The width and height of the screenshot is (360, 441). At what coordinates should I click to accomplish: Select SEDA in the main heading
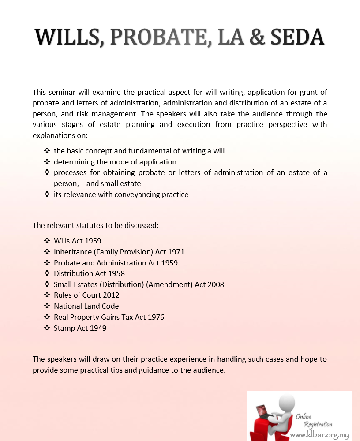[297, 37]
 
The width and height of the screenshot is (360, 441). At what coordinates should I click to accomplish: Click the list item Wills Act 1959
[77, 241]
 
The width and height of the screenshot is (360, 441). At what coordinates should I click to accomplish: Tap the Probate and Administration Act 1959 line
[116, 263]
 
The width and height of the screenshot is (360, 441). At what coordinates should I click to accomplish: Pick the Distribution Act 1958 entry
[89, 273]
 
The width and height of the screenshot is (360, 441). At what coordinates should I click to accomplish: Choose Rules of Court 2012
[86, 295]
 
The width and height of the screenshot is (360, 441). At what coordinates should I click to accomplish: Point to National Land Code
[86, 306]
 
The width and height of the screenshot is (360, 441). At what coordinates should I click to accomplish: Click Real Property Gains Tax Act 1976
[109, 317]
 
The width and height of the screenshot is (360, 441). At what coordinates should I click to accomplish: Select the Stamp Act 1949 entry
[80, 328]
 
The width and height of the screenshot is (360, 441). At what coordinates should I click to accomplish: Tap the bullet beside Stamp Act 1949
[47, 328]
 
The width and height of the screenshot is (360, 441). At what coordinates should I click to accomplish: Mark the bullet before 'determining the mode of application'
[47, 162]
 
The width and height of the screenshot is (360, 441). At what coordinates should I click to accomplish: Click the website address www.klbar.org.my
[319, 435]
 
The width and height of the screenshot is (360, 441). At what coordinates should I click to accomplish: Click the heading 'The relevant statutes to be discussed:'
[95, 225]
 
